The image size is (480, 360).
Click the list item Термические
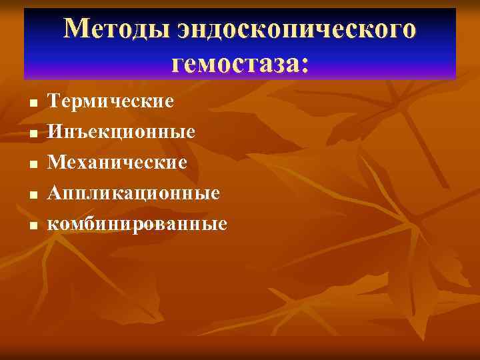click(x=111, y=101)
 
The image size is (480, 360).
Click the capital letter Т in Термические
click(x=55, y=101)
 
